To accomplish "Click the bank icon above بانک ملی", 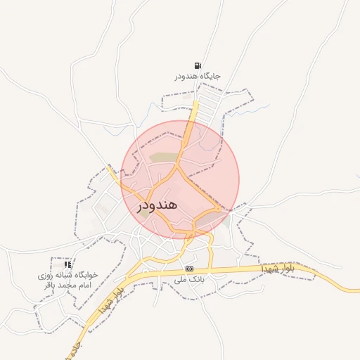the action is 189,269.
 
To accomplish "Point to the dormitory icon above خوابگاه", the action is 67,264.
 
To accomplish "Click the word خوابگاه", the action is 85,276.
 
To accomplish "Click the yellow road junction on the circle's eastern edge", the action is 220,209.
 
